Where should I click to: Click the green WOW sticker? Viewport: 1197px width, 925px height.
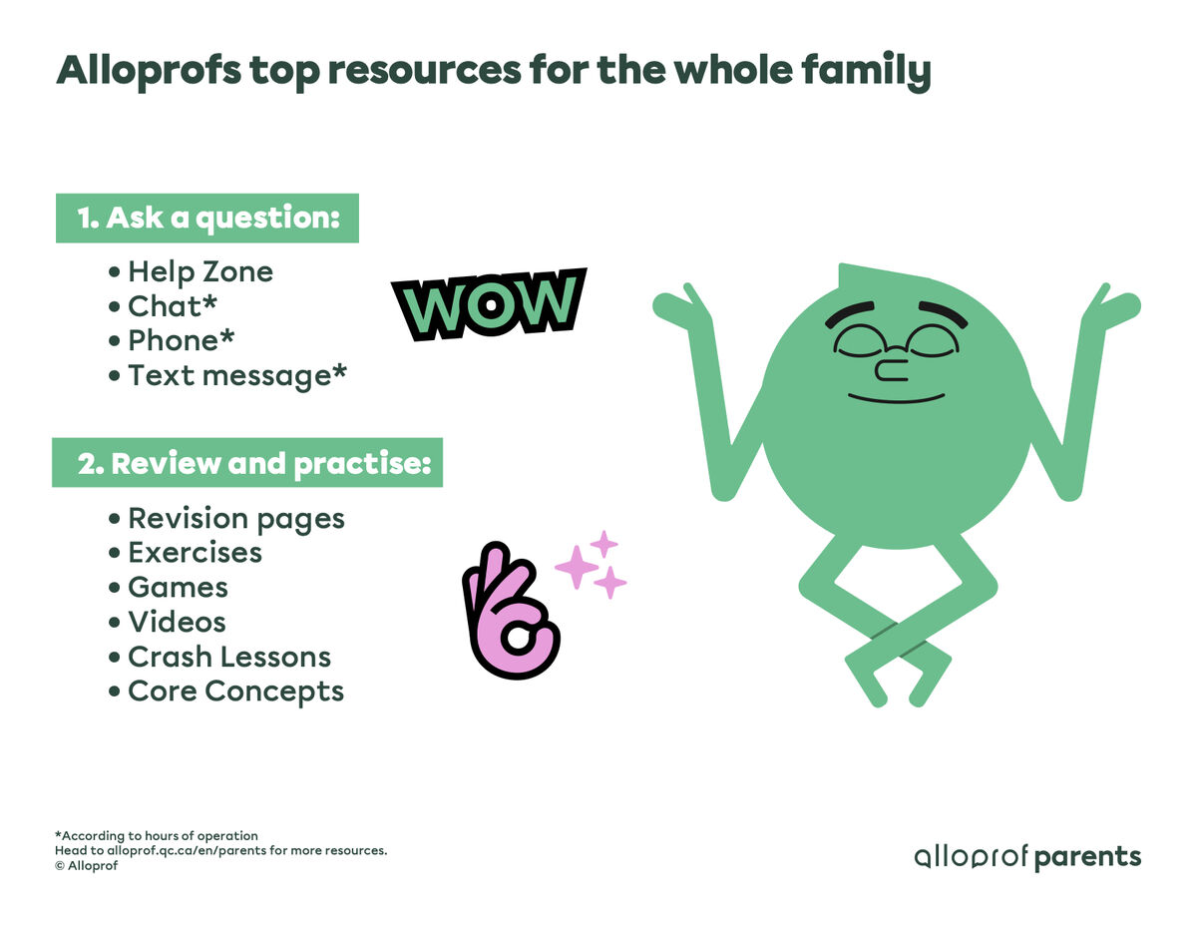[x=489, y=304]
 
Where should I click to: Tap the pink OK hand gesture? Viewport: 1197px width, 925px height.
[x=509, y=611]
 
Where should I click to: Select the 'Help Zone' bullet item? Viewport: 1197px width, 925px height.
[x=199, y=271]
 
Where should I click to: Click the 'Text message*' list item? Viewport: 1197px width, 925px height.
[x=237, y=375]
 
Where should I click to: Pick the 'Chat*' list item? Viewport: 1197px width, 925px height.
[x=173, y=305]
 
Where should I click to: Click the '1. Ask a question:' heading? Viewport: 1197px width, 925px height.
[x=207, y=219]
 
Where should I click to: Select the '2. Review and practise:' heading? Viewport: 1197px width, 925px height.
[x=247, y=464]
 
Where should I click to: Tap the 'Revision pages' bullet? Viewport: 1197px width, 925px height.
[x=235, y=519]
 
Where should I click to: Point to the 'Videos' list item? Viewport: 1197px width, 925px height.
[x=177, y=622]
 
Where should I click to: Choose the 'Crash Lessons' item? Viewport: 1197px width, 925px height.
[x=229, y=657]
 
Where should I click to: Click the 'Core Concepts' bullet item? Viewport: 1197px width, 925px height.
[x=235, y=692]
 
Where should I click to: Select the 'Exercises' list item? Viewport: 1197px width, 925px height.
[x=195, y=553]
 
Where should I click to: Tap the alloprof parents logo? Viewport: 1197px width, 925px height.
[x=1027, y=857]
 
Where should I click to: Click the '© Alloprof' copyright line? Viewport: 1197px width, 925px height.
[x=87, y=866]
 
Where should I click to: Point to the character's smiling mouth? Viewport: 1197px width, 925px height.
[x=896, y=399]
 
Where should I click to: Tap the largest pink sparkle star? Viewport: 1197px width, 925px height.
[x=575, y=568]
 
